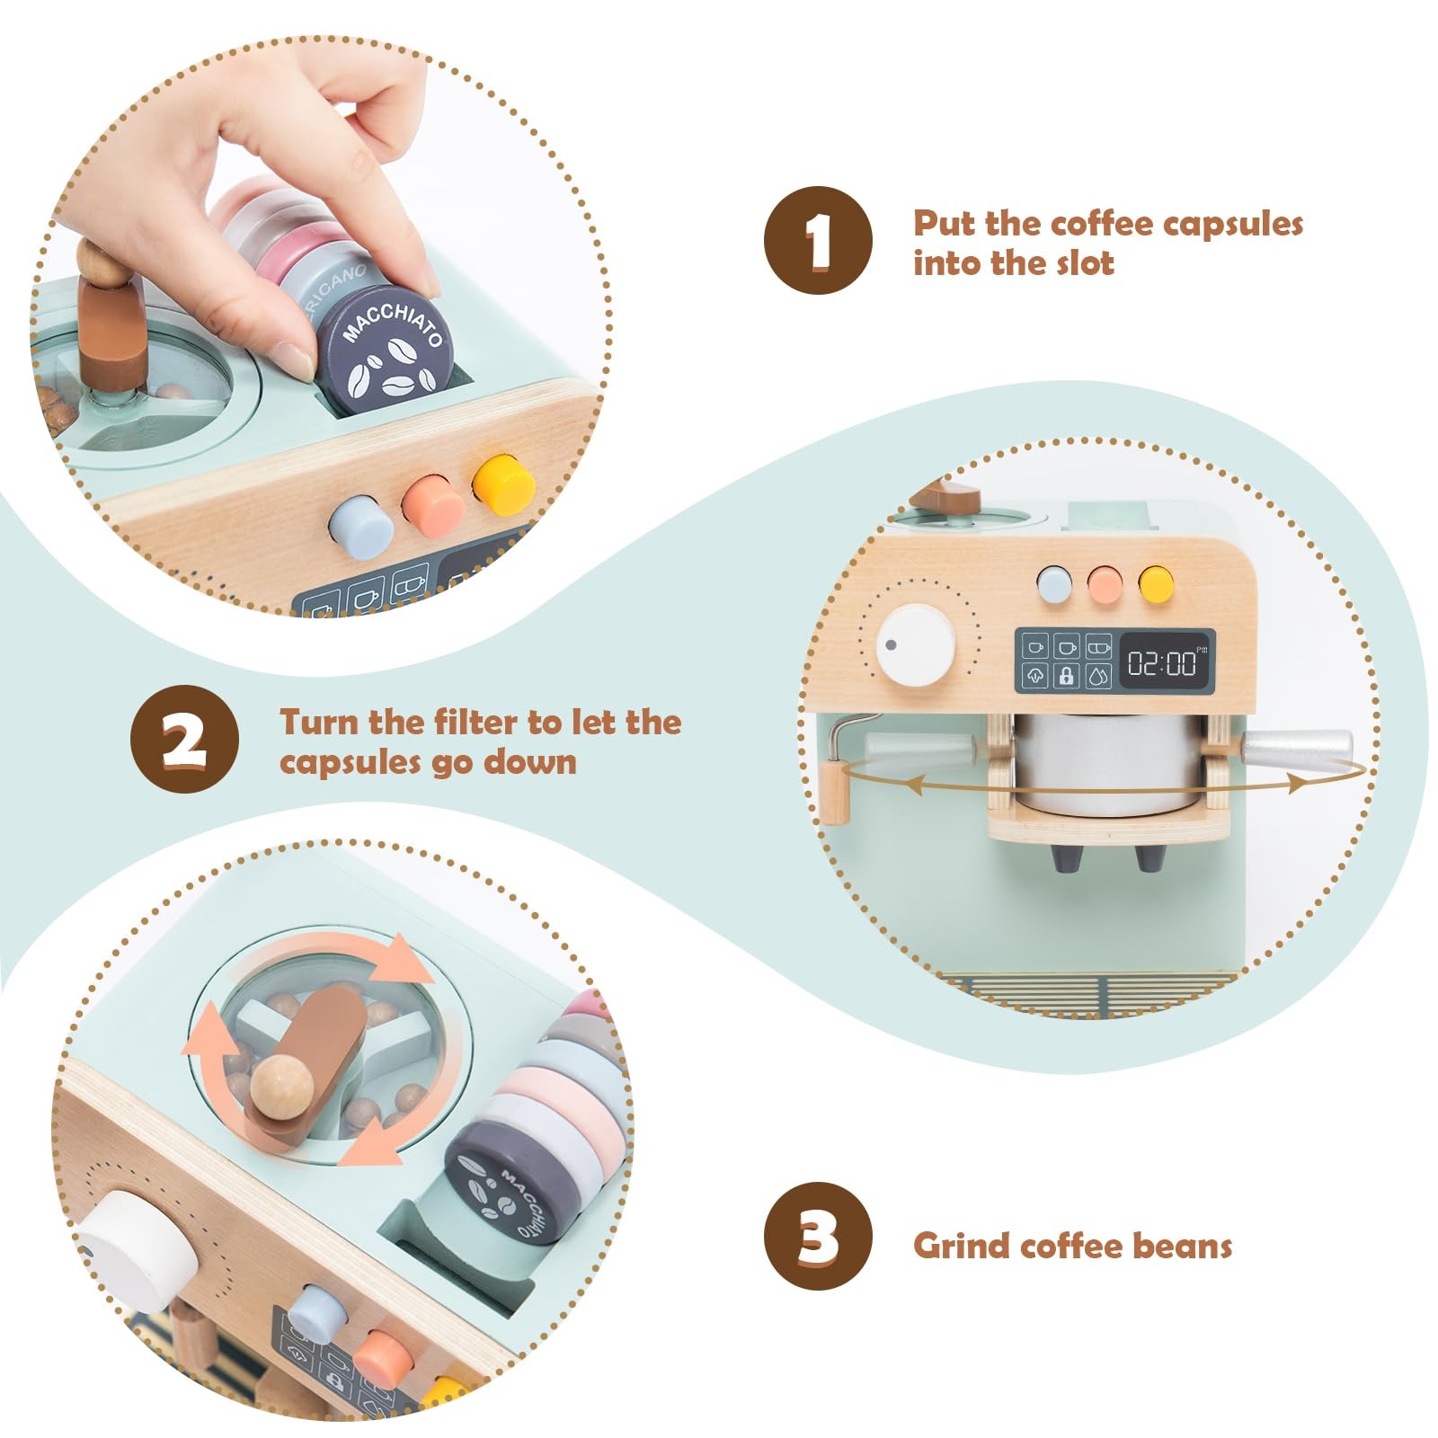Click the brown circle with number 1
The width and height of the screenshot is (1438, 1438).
tap(818, 240)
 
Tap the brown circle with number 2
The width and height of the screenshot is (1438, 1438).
tap(185, 739)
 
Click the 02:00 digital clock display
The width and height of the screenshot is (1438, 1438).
tap(1164, 663)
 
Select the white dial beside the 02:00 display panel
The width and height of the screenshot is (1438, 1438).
tap(915, 645)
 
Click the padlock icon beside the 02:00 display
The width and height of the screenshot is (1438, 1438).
tap(1067, 675)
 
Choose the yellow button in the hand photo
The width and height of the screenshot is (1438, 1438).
tap(504, 485)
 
